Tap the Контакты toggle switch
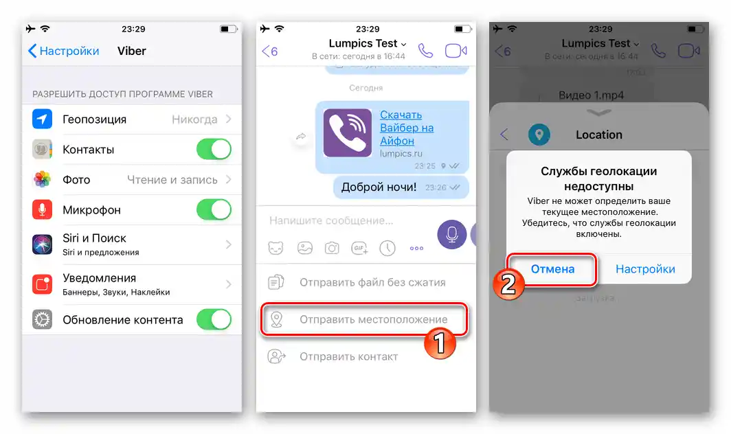coord(214,150)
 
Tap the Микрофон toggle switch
coord(214,209)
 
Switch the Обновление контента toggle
coord(214,319)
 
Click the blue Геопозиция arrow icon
coord(43,119)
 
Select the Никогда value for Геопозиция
coord(194,119)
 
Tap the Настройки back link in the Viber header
coord(63,51)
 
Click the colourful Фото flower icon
coord(43,180)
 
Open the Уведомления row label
coord(99,278)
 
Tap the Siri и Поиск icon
coord(43,244)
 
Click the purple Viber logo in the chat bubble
coord(348,133)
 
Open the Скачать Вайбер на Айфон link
coord(407,128)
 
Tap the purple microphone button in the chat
coord(452,234)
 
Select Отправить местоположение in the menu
coord(373,319)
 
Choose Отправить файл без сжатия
coord(372,282)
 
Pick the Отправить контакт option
coord(348,356)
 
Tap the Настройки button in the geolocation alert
coord(645,269)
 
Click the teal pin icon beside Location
coord(539,135)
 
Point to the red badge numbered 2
coord(508,284)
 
